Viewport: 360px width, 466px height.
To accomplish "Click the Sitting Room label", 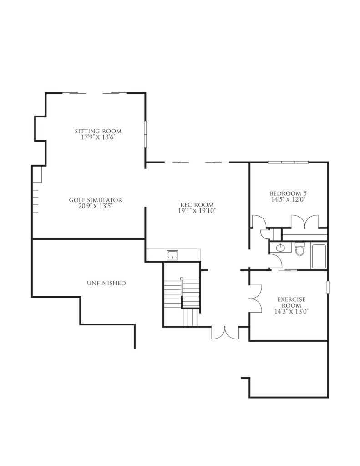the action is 98,131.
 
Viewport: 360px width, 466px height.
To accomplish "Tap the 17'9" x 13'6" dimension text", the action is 98,137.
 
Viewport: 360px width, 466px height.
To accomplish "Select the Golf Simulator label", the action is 96,200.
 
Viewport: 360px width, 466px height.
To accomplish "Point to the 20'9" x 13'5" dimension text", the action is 96,206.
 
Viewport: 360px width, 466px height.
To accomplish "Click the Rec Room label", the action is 197,205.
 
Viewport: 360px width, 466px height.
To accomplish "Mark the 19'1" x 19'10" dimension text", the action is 197,211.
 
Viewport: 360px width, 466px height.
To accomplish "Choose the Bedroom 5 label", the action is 289,193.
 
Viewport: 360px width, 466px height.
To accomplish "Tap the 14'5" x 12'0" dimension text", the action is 289,199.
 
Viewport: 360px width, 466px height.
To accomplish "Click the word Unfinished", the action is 106,283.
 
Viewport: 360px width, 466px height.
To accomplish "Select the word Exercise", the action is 291,299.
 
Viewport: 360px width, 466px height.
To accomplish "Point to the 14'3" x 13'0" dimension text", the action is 291,311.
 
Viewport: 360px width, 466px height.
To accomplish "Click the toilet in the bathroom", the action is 299,249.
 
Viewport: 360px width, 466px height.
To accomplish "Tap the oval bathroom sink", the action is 280,247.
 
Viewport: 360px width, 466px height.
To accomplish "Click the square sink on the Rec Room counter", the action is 172,255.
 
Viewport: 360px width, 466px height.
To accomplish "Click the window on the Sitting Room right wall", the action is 146,134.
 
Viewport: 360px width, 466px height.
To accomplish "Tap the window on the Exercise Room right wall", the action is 328,288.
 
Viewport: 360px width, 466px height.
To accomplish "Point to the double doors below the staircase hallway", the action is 225,333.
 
